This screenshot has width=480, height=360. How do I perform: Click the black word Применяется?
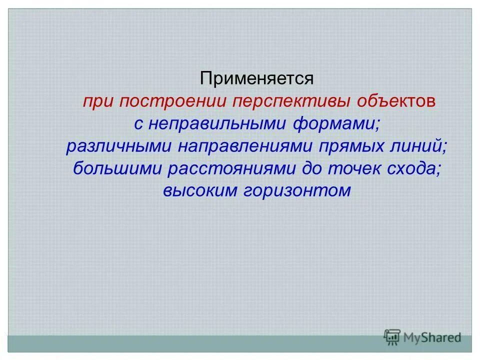point(256,78)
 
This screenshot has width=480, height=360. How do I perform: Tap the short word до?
point(312,168)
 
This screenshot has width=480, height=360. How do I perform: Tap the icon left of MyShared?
point(391,337)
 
